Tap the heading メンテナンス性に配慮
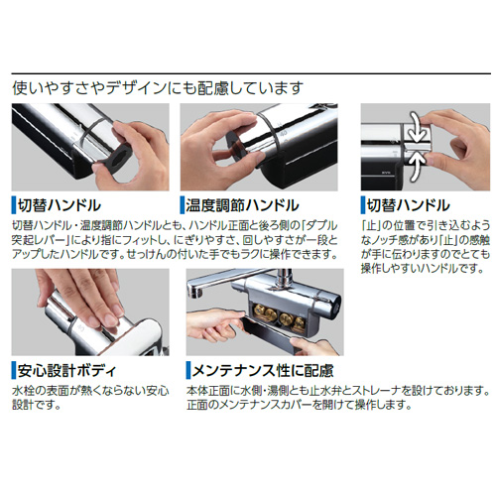tap(261, 373)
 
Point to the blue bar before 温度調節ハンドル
tap(185, 204)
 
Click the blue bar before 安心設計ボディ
tap(14, 373)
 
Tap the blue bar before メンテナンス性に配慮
tap(185, 373)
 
